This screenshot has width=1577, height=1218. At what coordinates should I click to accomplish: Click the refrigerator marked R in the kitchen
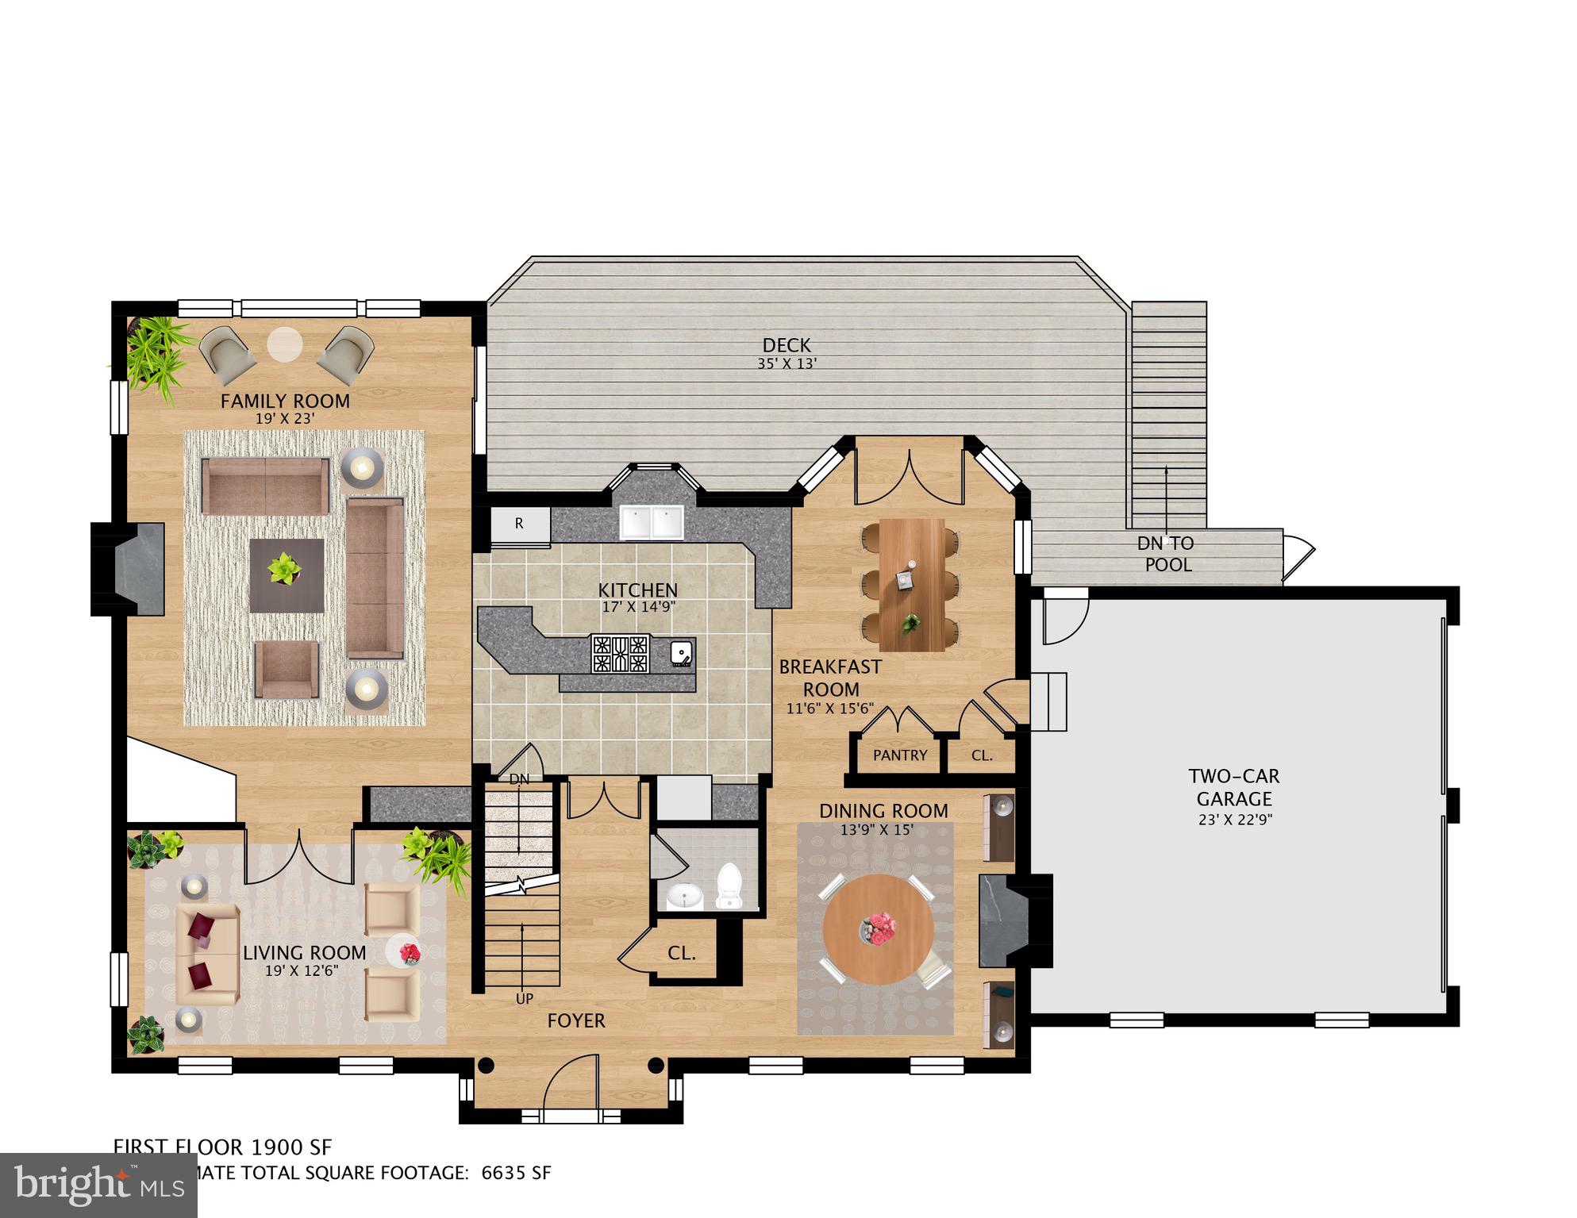(x=520, y=524)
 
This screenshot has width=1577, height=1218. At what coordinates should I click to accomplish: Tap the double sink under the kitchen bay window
(x=652, y=522)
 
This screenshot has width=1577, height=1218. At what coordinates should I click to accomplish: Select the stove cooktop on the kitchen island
(x=620, y=654)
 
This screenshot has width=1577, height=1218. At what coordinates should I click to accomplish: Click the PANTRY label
(x=899, y=755)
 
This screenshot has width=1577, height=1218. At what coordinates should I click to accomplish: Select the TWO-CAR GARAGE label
(x=1233, y=788)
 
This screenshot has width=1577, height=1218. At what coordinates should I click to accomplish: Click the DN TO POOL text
(x=1167, y=554)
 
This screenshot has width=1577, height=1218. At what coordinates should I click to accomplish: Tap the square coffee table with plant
(x=287, y=575)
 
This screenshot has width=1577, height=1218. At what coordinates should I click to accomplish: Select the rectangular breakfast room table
(x=910, y=585)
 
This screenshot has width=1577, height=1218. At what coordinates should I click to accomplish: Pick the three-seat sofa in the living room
(x=207, y=953)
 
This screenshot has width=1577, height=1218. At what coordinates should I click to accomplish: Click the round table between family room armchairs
(x=284, y=344)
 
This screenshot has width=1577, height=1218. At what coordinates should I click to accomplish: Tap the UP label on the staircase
(x=525, y=999)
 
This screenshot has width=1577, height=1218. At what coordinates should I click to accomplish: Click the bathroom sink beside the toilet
(x=683, y=896)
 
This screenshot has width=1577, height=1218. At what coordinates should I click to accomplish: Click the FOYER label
(x=576, y=1020)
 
